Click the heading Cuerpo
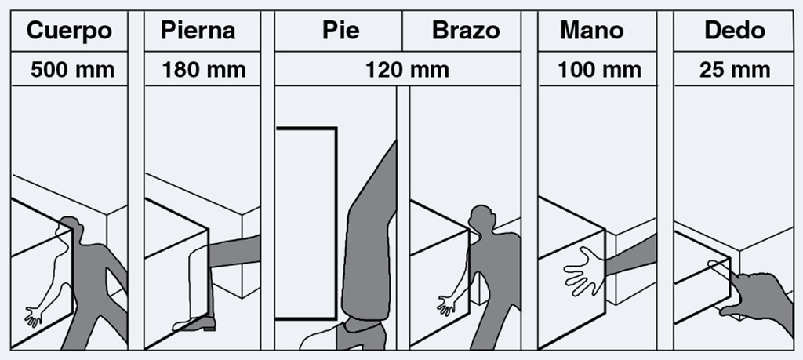[x=69, y=31]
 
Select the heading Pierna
[x=198, y=31]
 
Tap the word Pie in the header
[x=340, y=31]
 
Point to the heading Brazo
[x=465, y=31]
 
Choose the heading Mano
[x=591, y=31]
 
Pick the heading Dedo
[x=734, y=31]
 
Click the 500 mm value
[x=72, y=70]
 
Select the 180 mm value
[x=203, y=70]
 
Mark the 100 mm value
[x=597, y=70]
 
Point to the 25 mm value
[x=734, y=70]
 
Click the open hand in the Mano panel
[x=583, y=271]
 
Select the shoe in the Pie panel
[x=361, y=335]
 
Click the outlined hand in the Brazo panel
[x=449, y=304]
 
